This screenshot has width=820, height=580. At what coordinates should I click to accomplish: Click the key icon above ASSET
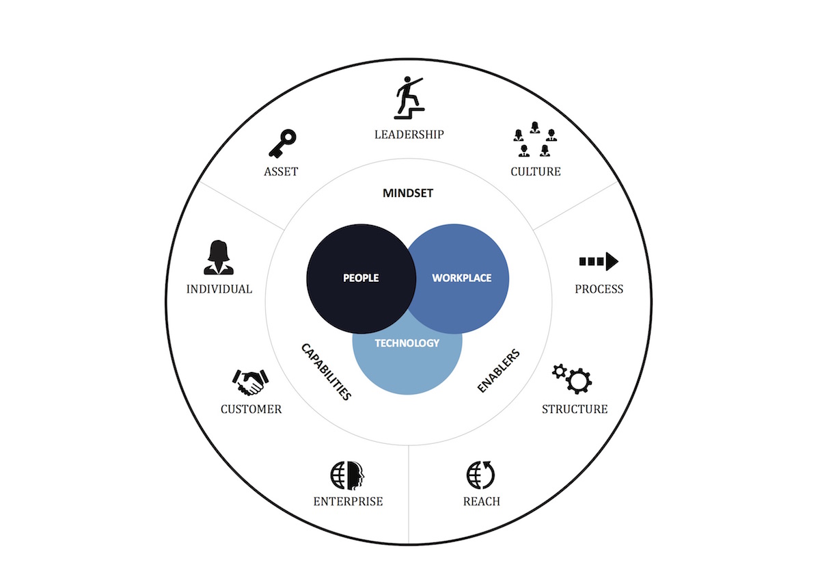[281, 144]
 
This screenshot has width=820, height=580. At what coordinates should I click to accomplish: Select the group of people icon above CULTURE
[534, 139]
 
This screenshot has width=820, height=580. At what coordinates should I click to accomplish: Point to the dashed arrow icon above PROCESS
[599, 261]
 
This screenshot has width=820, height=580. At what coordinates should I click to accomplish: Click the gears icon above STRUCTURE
[573, 377]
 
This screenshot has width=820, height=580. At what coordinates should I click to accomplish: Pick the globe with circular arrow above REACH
[481, 474]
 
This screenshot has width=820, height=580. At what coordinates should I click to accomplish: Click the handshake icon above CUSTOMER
[250, 382]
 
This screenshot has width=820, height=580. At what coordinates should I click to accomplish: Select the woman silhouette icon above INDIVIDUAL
[219, 258]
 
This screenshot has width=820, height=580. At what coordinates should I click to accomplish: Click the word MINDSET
[408, 194]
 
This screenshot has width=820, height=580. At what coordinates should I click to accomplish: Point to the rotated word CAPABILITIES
[326, 371]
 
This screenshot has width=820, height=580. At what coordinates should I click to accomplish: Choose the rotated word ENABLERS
[498, 371]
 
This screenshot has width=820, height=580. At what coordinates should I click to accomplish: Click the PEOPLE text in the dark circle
[360, 278]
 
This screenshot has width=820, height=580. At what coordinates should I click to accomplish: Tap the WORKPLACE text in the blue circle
[461, 278]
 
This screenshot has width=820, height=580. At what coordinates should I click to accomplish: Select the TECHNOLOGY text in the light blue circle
[407, 343]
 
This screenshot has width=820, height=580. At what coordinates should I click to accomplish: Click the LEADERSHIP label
[409, 134]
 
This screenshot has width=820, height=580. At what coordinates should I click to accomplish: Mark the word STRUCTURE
[574, 409]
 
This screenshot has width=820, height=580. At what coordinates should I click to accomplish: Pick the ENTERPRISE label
[348, 501]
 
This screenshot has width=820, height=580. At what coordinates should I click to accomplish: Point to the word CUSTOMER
[251, 409]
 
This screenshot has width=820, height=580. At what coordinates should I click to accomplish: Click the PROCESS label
[599, 289]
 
